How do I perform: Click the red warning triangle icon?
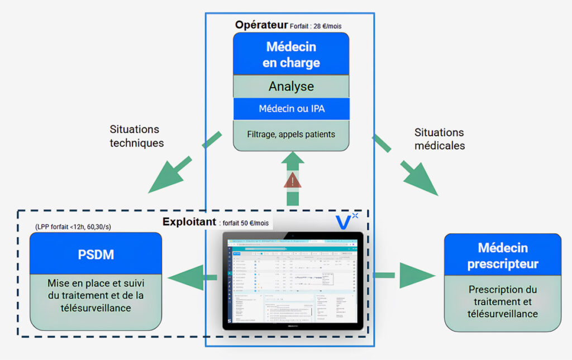pos(293,180)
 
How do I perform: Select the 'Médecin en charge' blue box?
pos(291,54)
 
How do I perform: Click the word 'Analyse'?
pos(291,87)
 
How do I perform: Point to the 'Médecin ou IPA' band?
pos(291,108)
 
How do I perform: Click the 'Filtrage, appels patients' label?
pos(291,134)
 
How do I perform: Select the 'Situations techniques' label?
pos(137,136)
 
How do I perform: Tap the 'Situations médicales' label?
pos(439,138)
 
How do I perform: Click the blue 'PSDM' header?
pos(96,255)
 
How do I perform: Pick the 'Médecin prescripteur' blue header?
pos(502,256)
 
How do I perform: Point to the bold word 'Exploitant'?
pos(189,222)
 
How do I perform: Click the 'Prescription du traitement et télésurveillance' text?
pos(502,301)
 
